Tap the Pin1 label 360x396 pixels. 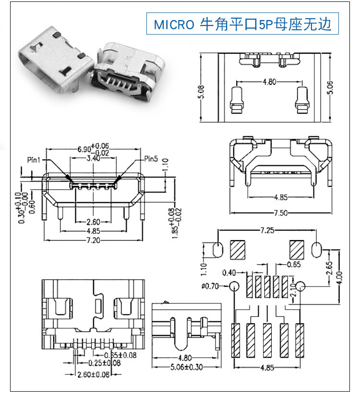[x=34, y=159]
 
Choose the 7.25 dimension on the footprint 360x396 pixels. [x=267, y=230]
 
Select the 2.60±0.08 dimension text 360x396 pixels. [x=93, y=374]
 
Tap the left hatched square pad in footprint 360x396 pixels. [x=238, y=250]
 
